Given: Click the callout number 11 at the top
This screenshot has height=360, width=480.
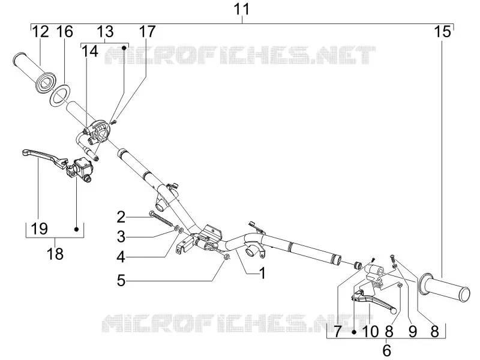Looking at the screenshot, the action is pyautogui.click(x=242, y=9).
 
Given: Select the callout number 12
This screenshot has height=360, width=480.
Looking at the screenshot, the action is pyautogui.click(x=40, y=32).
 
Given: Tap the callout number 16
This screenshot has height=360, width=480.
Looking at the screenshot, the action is pyautogui.click(x=65, y=32).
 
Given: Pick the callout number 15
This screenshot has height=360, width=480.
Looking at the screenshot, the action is pyautogui.click(x=443, y=32).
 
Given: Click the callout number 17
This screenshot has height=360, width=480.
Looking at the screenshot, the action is pyautogui.click(x=148, y=32).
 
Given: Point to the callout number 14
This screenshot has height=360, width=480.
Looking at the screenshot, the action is pyautogui.click(x=89, y=52).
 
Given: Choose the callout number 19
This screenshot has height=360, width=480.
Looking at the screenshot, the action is pyautogui.click(x=40, y=229).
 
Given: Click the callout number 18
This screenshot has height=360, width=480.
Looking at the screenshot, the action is pyautogui.click(x=55, y=254).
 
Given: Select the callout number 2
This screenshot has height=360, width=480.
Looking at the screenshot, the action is pyautogui.click(x=121, y=217).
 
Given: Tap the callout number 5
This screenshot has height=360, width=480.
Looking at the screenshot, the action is pyautogui.click(x=121, y=280).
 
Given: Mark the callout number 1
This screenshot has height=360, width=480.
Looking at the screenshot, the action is pyautogui.click(x=262, y=273).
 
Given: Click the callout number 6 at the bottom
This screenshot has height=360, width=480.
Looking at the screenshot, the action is pyautogui.click(x=387, y=350).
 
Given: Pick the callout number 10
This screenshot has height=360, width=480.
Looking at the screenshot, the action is pyautogui.click(x=370, y=331).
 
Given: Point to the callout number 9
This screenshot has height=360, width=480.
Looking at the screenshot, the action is pyautogui.click(x=413, y=331).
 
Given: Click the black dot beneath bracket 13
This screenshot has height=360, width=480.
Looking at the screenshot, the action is pyautogui.click(x=124, y=48).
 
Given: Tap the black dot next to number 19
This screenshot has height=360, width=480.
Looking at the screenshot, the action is pyautogui.click(x=77, y=229).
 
